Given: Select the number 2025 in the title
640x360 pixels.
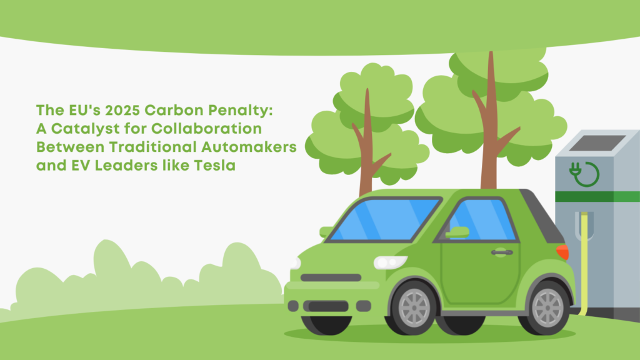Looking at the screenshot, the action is pyautogui.click(x=122, y=110).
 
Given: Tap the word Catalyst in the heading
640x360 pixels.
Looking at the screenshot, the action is pyautogui.click(x=85, y=129).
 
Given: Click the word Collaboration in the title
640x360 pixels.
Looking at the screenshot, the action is pyautogui.click(x=206, y=129).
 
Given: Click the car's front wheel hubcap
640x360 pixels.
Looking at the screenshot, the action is pyautogui.click(x=414, y=307).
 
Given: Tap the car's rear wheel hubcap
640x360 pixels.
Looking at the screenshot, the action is pyautogui.click(x=547, y=307).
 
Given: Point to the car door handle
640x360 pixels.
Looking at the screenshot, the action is pyautogui.click(x=502, y=252).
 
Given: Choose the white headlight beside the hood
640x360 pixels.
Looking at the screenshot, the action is pyautogui.click(x=390, y=262).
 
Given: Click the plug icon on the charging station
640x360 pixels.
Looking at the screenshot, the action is pyautogui.click(x=584, y=174).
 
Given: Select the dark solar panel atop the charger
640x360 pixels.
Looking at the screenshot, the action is pyautogui.click(x=597, y=143).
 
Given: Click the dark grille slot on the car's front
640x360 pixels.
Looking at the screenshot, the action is pyautogui.click(x=331, y=277).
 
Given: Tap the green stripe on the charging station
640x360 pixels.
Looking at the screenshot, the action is pyautogui.click(x=597, y=196).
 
